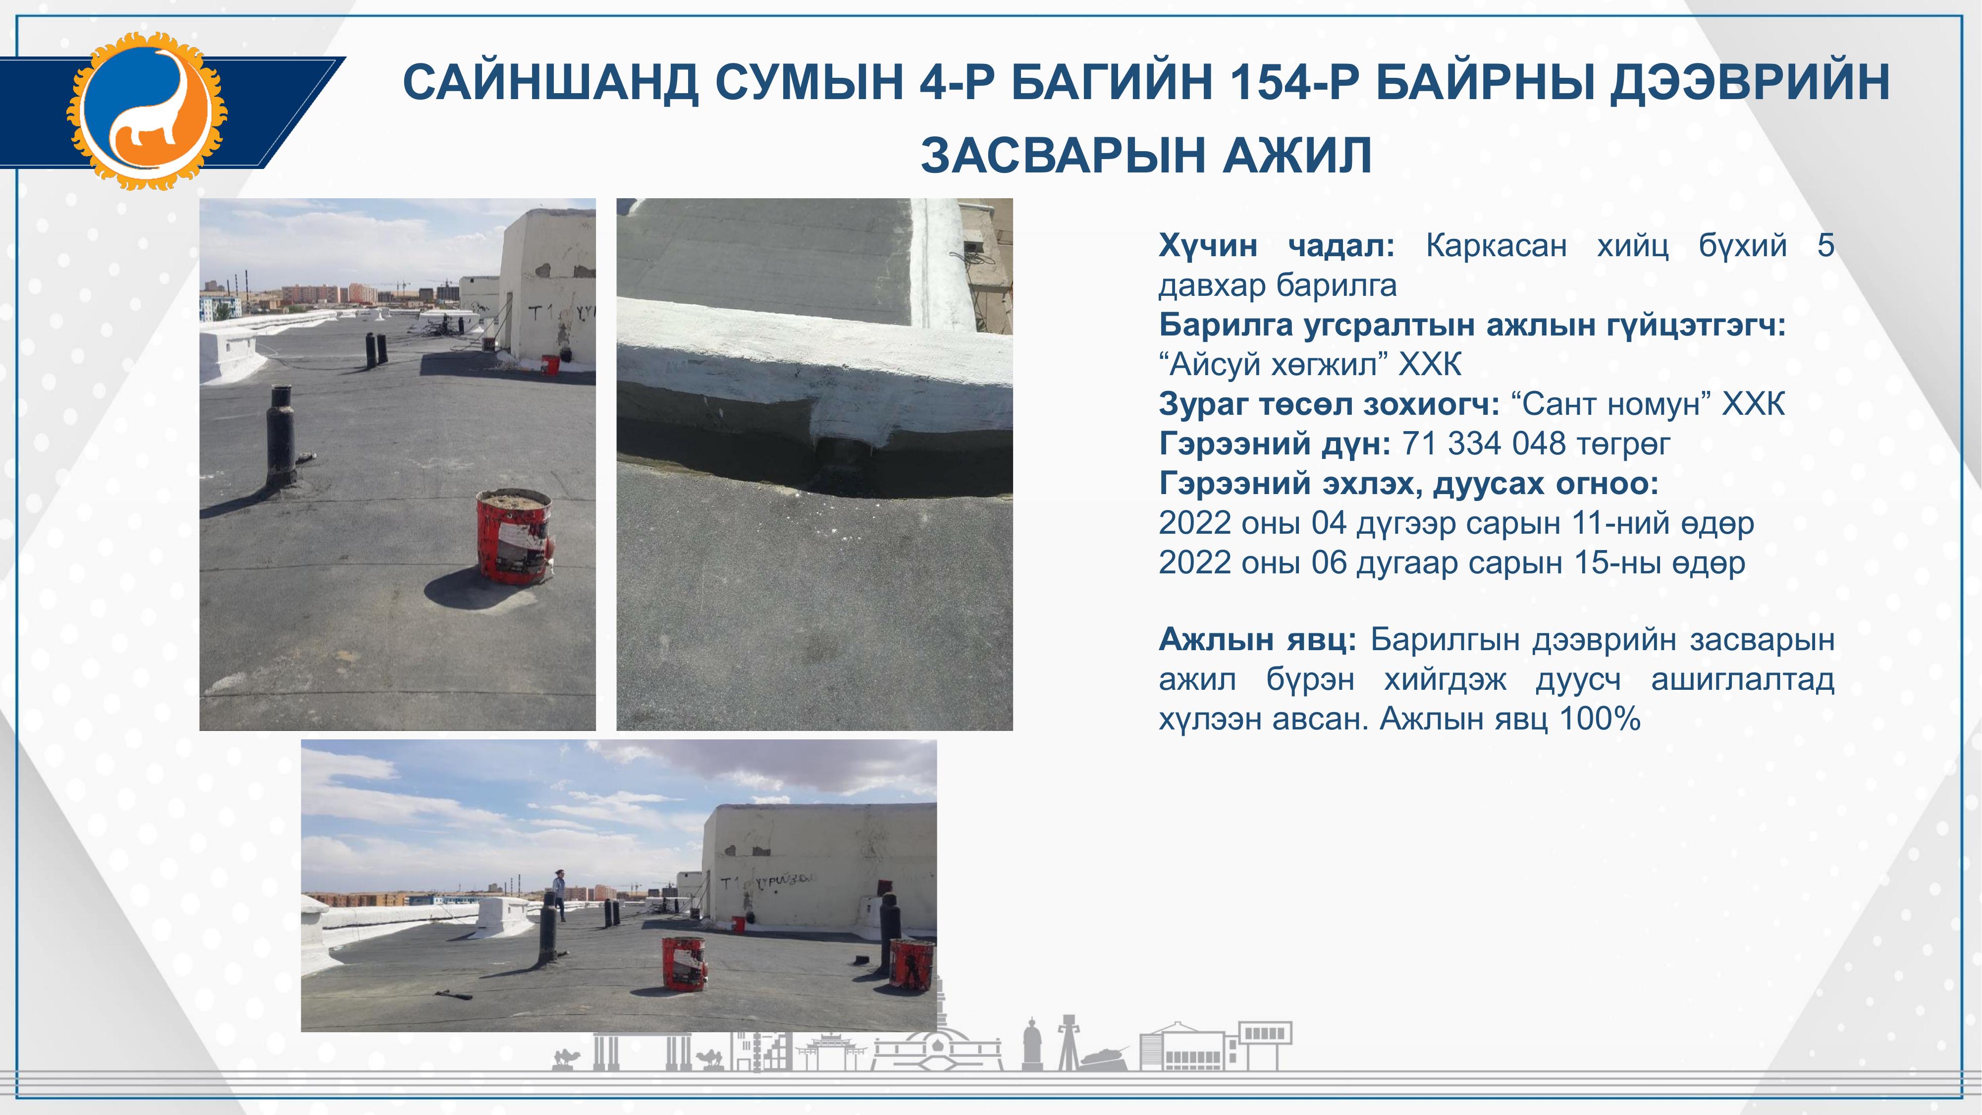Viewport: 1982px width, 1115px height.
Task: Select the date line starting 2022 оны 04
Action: [x=1456, y=523]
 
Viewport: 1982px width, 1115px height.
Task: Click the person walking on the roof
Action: [x=559, y=893]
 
